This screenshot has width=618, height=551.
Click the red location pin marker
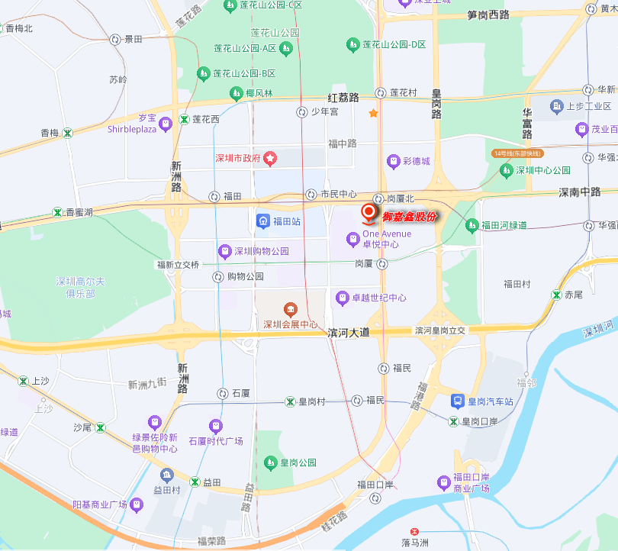click(x=369, y=212)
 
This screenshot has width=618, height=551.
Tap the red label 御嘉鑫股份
click(x=410, y=217)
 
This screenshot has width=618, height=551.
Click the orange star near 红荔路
click(x=373, y=114)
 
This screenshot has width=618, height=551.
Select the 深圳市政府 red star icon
click(x=269, y=159)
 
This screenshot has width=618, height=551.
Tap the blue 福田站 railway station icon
click(x=262, y=221)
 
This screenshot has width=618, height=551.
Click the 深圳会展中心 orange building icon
click(x=290, y=310)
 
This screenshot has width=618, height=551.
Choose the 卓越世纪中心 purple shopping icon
click(x=342, y=298)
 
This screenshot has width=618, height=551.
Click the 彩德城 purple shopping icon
click(x=393, y=161)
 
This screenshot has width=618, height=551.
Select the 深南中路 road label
click(x=579, y=192)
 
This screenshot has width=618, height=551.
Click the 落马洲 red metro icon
click(x=414, y=531)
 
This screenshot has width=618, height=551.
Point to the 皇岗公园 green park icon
click(x=269, y=462)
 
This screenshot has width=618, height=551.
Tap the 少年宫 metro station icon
click(x=302, y=112)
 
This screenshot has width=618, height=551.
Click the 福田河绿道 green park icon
click(x=472, y=225)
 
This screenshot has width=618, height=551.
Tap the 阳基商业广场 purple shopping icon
click(x=137, y=504)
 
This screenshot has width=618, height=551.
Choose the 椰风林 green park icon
click(x=236, y=94)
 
